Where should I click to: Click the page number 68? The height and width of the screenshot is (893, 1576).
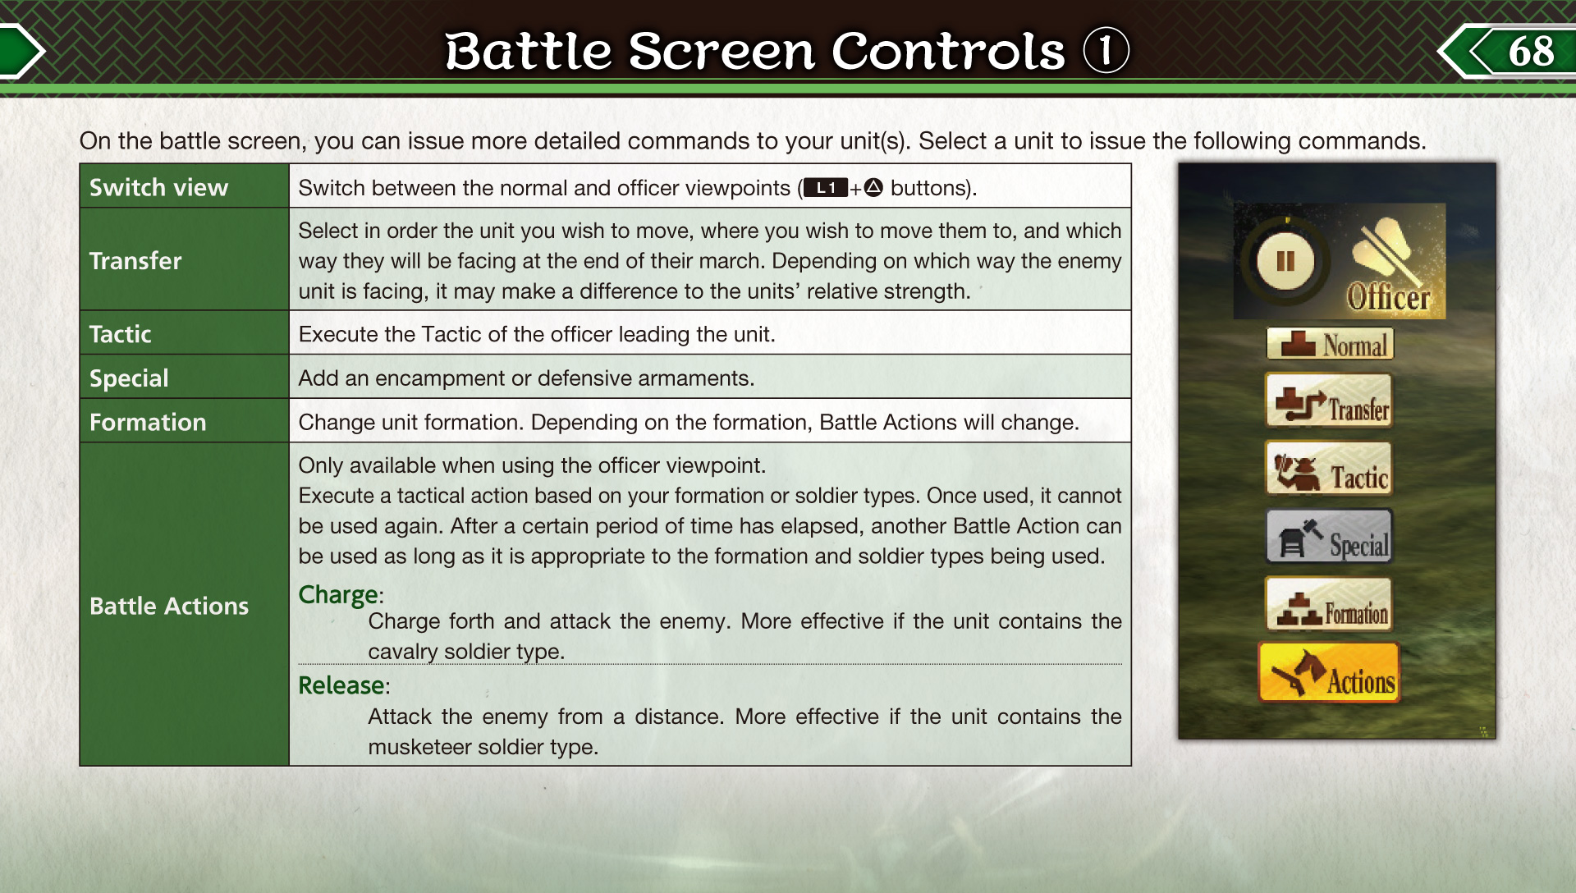[x=1531, y=51]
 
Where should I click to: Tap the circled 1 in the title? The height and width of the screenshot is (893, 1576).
[x=1106, y=50]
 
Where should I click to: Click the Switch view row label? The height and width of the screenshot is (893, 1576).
[x=158, y=188]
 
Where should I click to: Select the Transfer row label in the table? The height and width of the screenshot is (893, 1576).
[x=135, y=261]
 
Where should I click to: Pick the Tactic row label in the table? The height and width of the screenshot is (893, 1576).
[x=120, y=334]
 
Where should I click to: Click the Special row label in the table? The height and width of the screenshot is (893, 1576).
[x=129, y=378]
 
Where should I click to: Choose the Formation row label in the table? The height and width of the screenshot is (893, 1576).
[x=148, y=422]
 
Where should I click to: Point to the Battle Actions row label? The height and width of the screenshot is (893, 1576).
[x=169, y=606]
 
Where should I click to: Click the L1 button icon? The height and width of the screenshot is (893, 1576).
[x=825, y=188]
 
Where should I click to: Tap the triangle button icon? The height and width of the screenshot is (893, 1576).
[x=873, y=188]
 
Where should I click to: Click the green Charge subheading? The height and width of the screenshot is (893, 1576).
[x=338, y=595]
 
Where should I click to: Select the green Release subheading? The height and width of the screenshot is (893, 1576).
[x=341, y=685]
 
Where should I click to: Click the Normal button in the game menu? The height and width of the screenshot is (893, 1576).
[x=1330, y=345]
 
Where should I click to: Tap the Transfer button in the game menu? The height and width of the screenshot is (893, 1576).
[x=1329, y=401]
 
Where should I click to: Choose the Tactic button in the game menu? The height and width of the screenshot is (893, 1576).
[x=1329, y=469]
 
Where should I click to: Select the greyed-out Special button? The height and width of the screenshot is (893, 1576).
[x=1329, y=537]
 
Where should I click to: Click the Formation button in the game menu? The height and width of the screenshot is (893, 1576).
[x=1329, y=605]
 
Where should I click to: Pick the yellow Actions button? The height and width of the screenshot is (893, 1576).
[x=1329, y=673]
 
